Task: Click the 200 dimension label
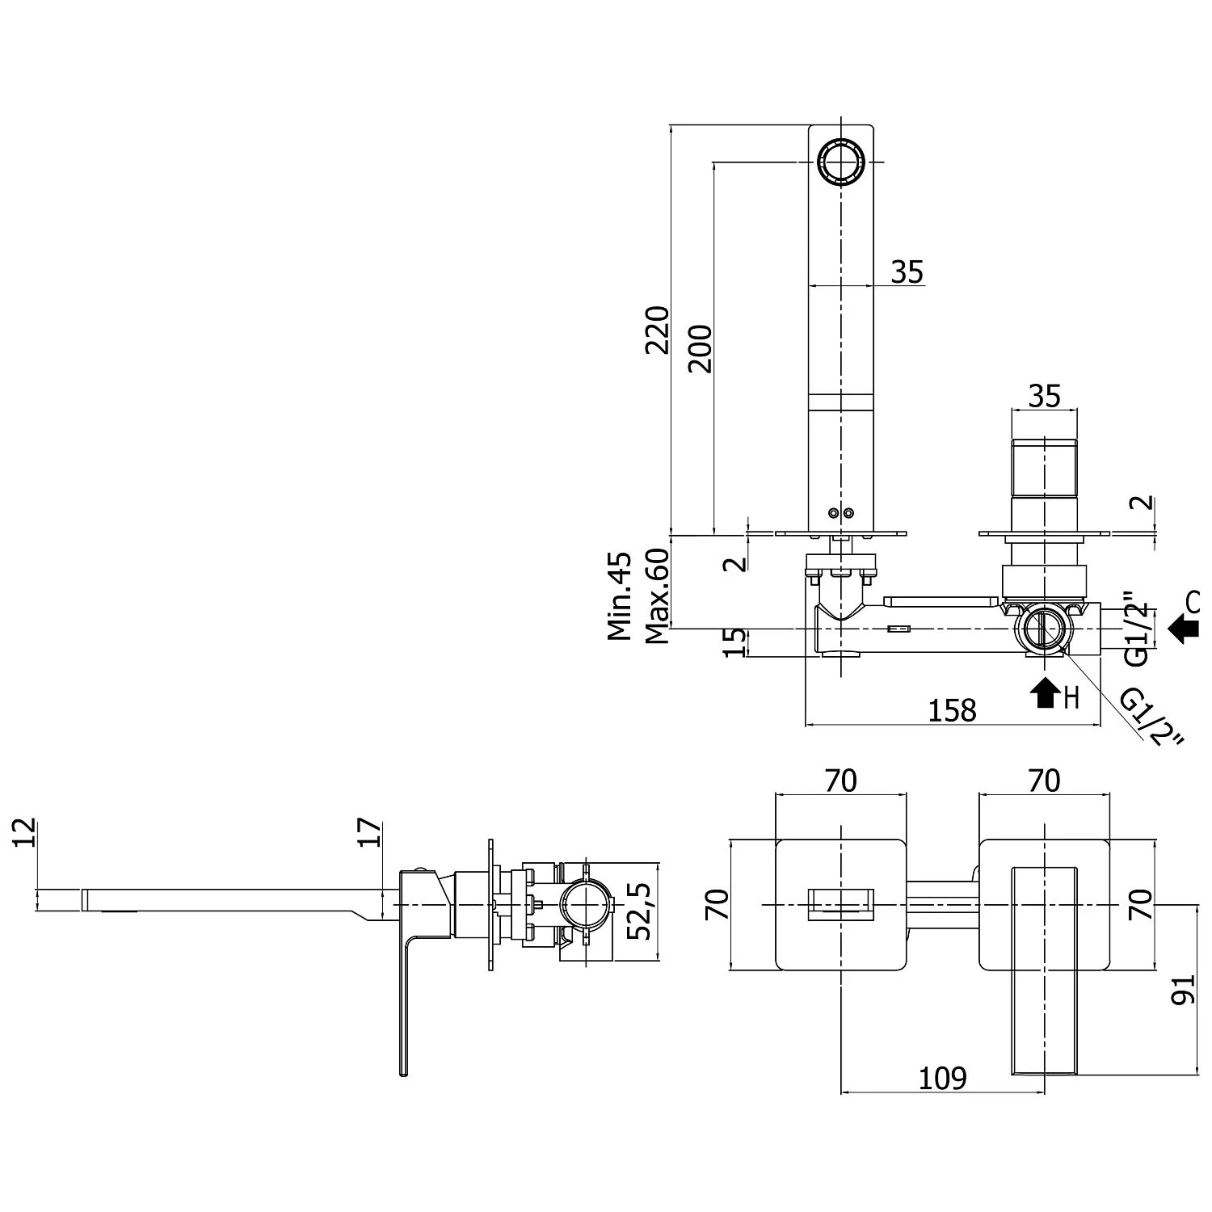tap(701, 348)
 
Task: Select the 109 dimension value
tap(943, 1078)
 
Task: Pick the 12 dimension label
tap(26, 832)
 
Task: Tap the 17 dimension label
tap(368, 832)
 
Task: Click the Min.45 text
tap(621, 596)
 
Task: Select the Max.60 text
tap(658, 596)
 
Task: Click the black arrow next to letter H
tap(1046, 692)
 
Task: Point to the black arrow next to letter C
tap(1184, 627)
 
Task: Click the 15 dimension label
tap(734, 642)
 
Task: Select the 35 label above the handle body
tap(1044, 396)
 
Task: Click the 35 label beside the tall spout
tap(907, 272)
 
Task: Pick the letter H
tap(1071, 696)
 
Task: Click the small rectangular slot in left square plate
tap(841, 903)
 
